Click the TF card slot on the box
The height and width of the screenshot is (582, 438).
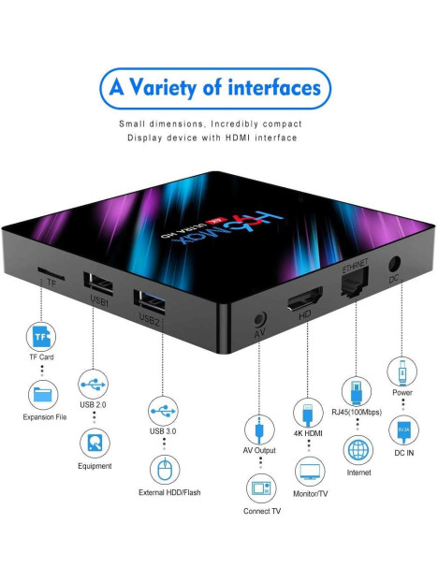coord(51,273)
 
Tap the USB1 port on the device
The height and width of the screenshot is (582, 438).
coord(98,284)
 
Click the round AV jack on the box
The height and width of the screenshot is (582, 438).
coord(260,319)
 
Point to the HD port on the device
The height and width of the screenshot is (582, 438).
coord(305,298)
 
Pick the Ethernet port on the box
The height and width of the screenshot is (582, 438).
coord(356,282)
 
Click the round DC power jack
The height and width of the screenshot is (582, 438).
coord(394,264)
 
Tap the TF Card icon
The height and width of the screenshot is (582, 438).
coord(41,337)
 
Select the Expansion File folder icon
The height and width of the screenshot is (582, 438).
coord(43,395)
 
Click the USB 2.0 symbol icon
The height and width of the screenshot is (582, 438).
coord(94,385)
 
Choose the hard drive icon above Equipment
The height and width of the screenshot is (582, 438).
coord(95,444)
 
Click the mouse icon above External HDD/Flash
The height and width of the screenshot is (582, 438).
coord(165,470)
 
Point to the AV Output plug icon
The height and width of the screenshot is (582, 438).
coord(259,429)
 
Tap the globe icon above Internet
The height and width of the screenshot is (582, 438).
coord(358,450)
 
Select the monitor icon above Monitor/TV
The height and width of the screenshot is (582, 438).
coord(310,472)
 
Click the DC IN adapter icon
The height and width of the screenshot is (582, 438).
coord(403,430)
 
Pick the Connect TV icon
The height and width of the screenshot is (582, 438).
coord(261,488)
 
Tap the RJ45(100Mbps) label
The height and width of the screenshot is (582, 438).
coord(357,412)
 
